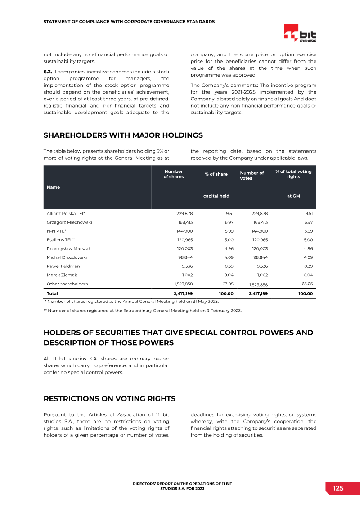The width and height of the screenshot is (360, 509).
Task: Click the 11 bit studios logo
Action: point(300,34)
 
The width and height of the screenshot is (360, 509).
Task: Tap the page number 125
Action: point(338,488)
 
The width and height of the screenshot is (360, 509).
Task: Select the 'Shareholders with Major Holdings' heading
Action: point(123,135)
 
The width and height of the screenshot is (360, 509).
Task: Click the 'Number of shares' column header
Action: point(174,174)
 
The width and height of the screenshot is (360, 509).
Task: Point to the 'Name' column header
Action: point(53,187)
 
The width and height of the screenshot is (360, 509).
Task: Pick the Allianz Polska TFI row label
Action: point(66,214)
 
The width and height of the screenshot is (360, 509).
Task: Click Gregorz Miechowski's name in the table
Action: point(69,222)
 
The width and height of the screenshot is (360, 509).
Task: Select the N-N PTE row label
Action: point(57,231)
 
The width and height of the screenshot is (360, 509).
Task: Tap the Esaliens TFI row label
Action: point(61,240)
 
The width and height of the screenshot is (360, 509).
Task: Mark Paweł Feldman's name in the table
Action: point(63,266)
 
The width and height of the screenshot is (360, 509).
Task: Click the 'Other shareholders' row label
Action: point(67,284)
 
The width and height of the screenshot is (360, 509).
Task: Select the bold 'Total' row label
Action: point(52,293)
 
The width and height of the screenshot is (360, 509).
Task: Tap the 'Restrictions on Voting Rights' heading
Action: point(109,399)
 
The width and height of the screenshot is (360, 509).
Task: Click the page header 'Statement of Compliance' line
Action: point(129,21)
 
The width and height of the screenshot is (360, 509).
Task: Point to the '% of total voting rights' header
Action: point(293,174)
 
